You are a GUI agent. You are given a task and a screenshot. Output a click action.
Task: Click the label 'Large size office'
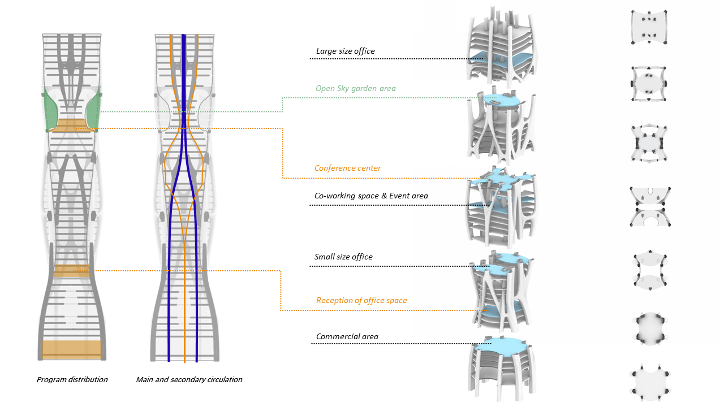tap(345, 51)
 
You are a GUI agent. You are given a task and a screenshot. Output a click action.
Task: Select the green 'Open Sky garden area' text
tap(355, 89)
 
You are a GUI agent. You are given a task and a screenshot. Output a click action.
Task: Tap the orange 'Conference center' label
tap(347, 168)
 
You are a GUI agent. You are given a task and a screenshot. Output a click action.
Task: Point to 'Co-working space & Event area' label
tap(371, 196)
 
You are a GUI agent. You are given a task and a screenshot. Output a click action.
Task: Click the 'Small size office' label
tap(343, 257)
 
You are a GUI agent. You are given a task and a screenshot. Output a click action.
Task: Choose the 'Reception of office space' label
tap(361, 301)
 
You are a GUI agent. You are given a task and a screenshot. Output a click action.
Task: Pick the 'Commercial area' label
tap(347, 337)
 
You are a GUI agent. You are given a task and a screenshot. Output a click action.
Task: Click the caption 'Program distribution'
tap(72, 380)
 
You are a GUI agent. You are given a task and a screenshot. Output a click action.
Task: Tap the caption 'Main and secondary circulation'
tap(189, 380)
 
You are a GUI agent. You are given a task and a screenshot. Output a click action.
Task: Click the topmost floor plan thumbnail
tap(649, 27)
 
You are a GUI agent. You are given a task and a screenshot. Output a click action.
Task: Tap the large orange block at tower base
tap(72, 349)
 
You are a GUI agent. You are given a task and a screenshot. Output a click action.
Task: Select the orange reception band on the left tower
tap(72, 271)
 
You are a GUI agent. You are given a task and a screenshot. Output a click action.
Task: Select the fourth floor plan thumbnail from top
tap(649, 206)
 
